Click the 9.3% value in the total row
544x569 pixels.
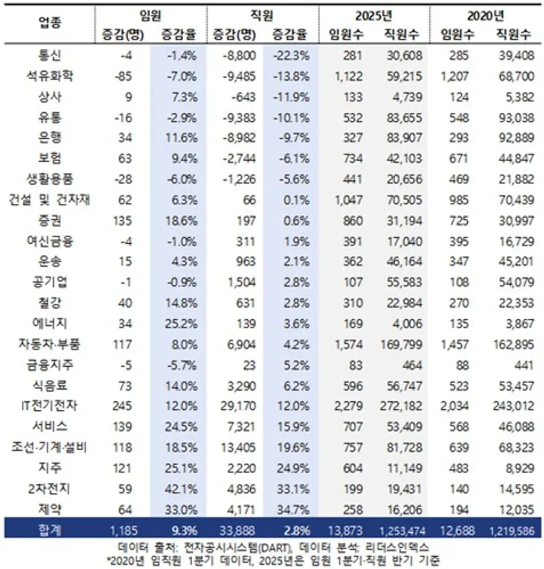point(181,531)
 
